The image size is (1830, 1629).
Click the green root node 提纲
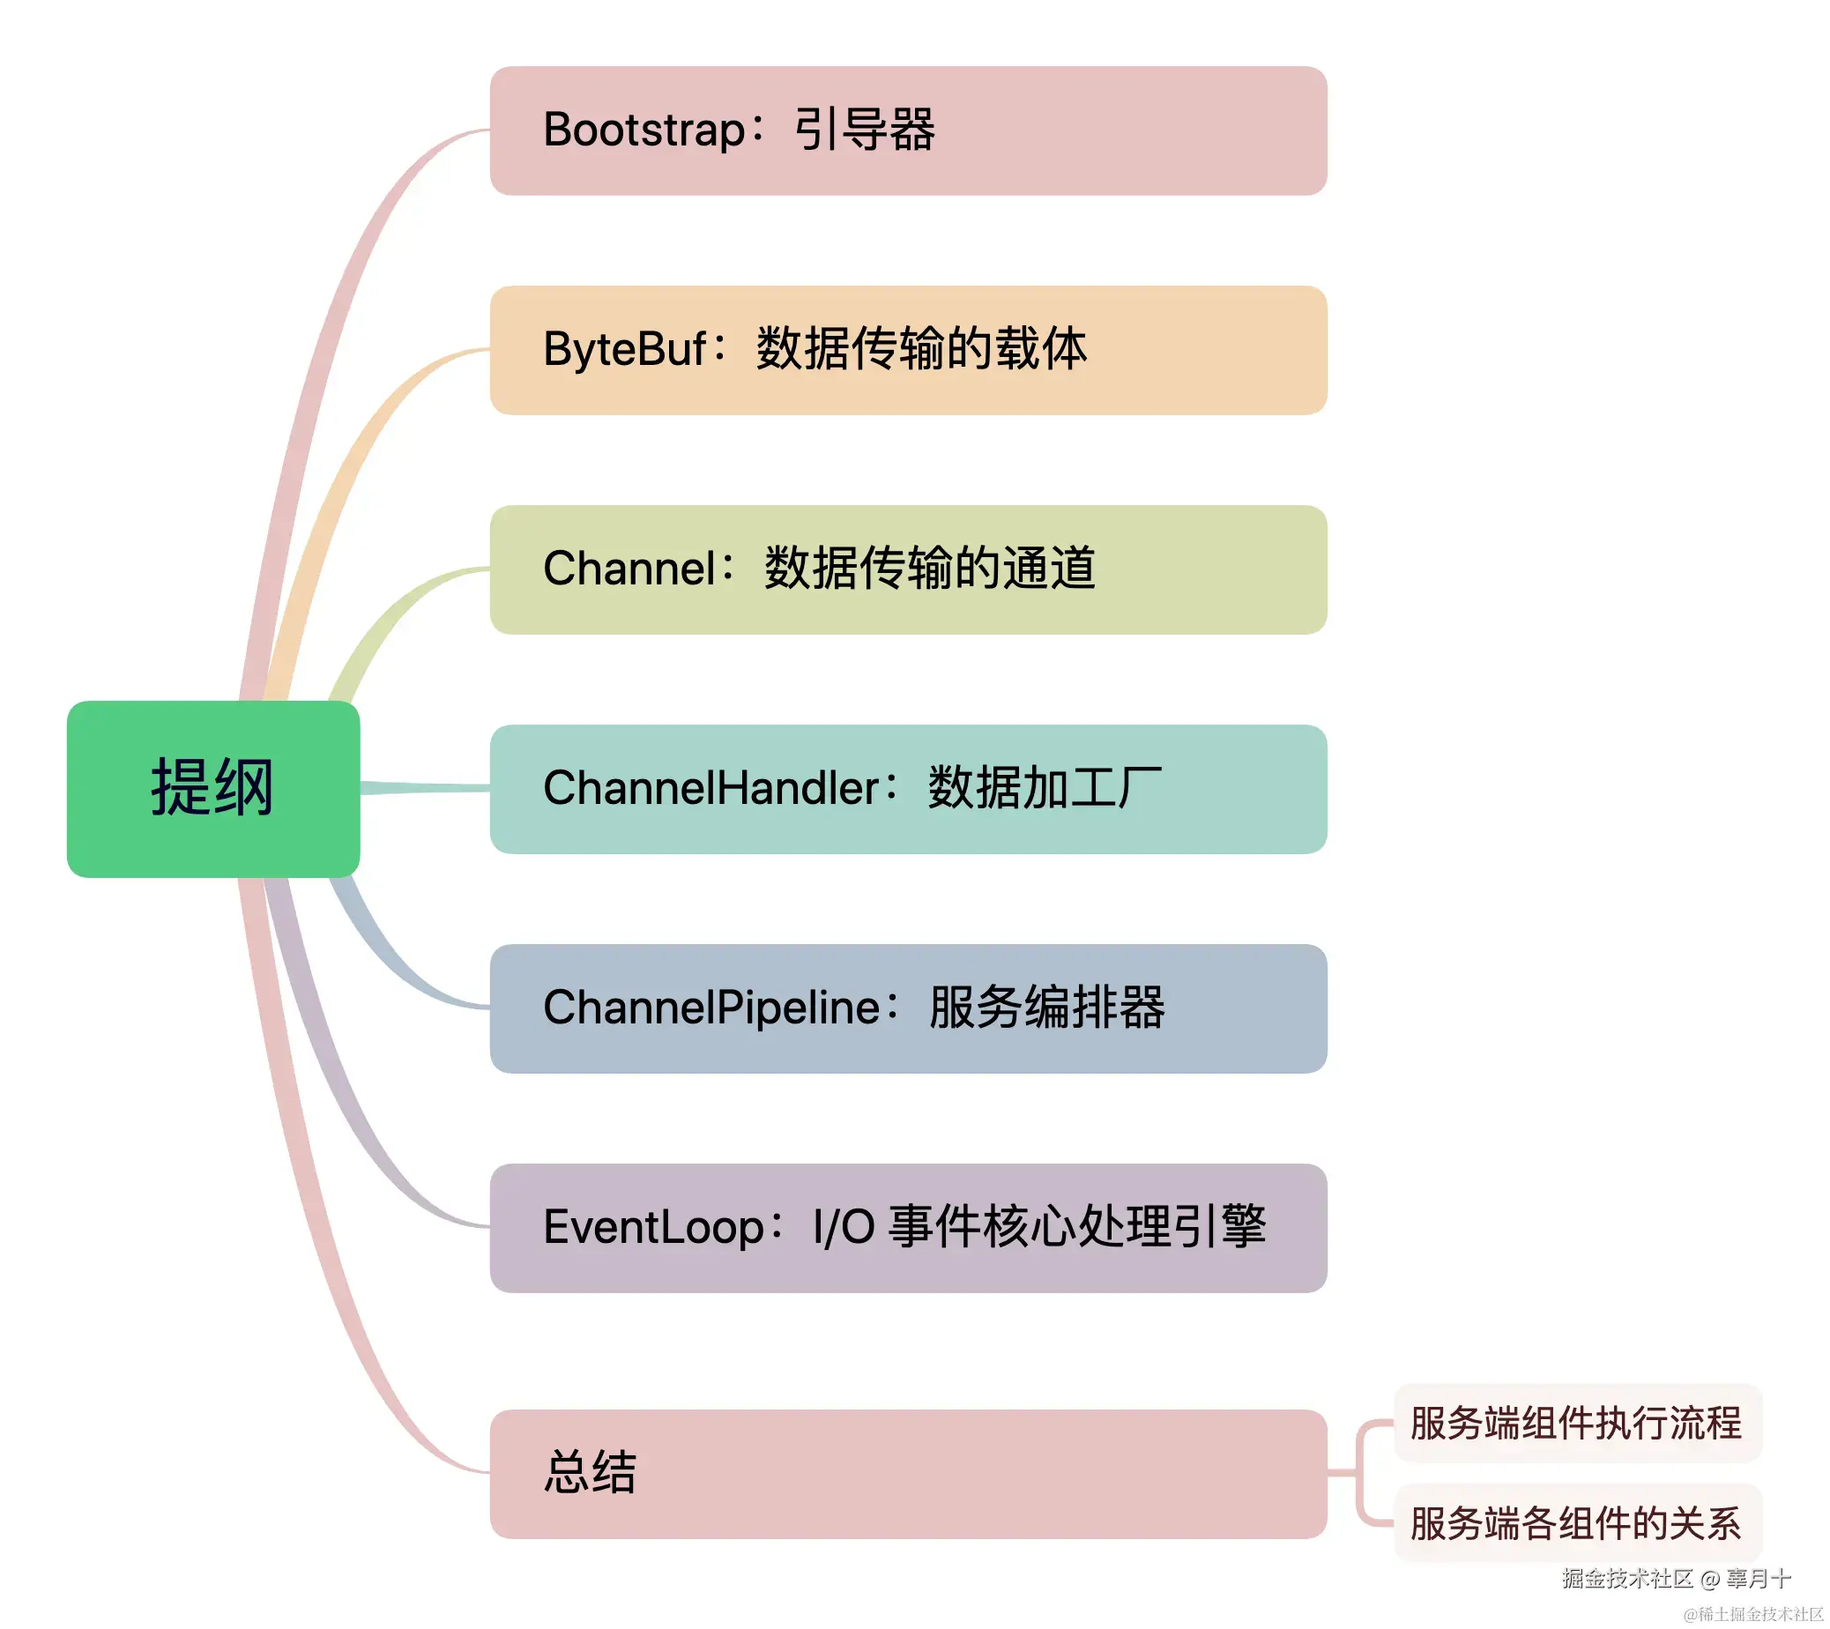pos(213,789)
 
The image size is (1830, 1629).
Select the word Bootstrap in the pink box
pos(643,130)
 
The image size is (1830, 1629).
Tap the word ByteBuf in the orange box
pos(625,349)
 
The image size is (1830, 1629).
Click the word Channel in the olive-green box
pos(629,569)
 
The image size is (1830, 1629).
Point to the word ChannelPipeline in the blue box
pos(711,1008)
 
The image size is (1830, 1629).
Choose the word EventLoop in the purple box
pos(652,1227)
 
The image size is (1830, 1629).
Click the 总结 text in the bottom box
pos(590,1473)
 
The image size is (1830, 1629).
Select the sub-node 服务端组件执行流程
pos(1576,1423)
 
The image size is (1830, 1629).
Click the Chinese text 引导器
pos(865,130)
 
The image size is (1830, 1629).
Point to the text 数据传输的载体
pos(921,349)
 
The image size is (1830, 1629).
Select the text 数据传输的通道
pos(929,569)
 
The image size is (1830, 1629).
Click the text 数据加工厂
pos(1045,789)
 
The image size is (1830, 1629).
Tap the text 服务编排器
pos(1046,1008)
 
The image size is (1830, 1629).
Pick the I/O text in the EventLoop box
pos(844,1227)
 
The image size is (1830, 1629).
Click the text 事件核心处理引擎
pos(1077,1227)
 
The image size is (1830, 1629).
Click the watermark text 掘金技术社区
pos(1626,1578)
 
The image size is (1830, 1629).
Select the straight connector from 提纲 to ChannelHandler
pos(425,788)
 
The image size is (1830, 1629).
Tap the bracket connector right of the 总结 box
pos(1359,1472)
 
